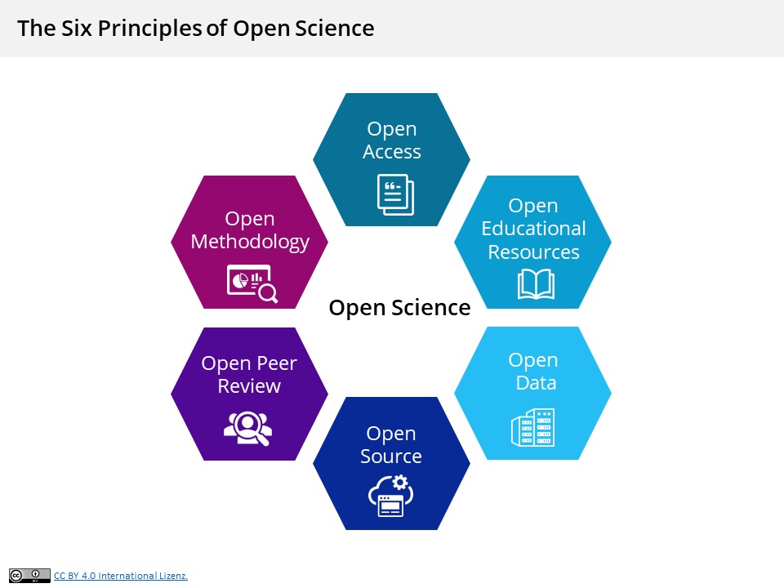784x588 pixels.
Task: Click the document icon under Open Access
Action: click(x=395, y=195)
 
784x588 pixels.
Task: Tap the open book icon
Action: click(x=536, y=284)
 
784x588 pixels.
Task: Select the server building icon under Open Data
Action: click(x=533, y=427)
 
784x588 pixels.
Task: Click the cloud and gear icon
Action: click(x=391, y=496)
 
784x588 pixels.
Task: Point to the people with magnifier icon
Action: click(x=248, y=428)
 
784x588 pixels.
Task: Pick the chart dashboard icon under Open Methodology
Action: click(x=252, y=283)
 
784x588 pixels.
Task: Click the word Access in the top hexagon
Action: click(x=392, y=152)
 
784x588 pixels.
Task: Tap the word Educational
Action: click(x=533, y=229)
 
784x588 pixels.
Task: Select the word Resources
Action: click(x=533, y=252)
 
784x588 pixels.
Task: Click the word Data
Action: click(x=536, y=383)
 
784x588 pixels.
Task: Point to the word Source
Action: click(x=391, y=456)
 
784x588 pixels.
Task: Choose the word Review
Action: click(x=249, y=386)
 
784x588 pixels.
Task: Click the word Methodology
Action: click(x=250, y=243)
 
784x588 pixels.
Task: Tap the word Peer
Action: click(x=277, y=363)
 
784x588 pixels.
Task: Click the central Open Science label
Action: click(x=399, y=308)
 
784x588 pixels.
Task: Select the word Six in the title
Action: click(x=77, y=28)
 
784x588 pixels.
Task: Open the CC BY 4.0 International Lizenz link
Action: click(x=121, y=576)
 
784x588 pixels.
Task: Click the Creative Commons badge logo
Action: click(x=29, y=576)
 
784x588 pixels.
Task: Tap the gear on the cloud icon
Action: click(x=400, y=482)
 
